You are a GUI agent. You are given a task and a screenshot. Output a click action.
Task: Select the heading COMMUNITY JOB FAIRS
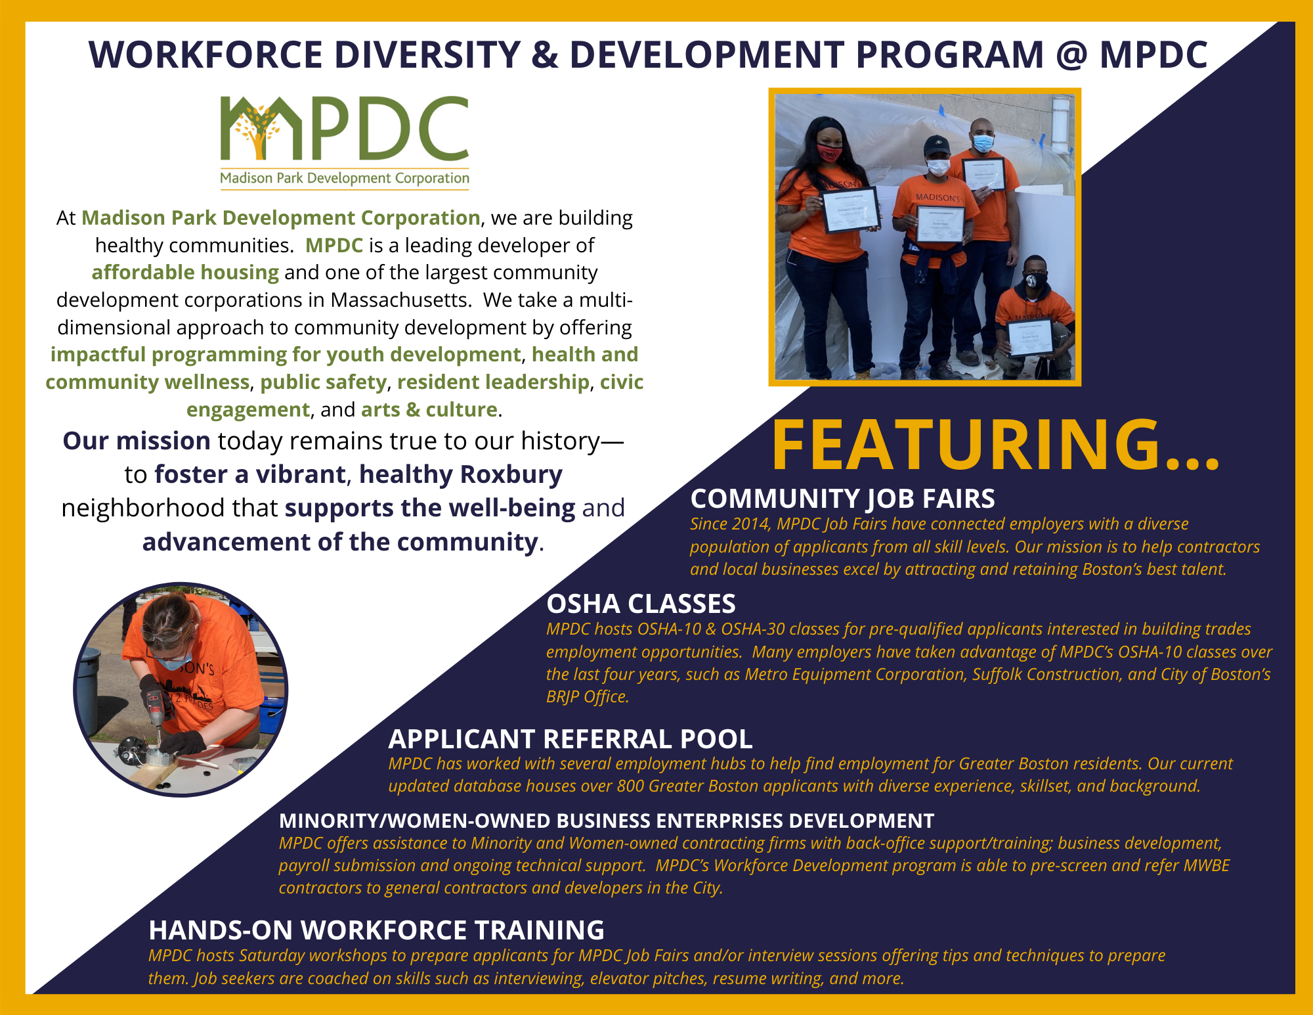coord(842,499)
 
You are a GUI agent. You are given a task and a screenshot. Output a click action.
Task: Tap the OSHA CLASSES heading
coord(641,604)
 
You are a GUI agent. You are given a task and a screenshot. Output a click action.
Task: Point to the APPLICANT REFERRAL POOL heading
coord(570,739)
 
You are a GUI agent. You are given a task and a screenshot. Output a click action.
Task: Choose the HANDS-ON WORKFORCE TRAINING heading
coord(376,930)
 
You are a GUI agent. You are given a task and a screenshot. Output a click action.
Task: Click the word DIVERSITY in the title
coord(427,55)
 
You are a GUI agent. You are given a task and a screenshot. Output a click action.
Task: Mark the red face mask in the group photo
coord(829,154)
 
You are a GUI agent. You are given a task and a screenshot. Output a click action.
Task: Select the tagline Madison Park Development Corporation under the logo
coord(345,178)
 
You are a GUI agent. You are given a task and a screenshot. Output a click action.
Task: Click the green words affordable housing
coord(185,272)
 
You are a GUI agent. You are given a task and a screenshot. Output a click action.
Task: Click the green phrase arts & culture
coord(429,409)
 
